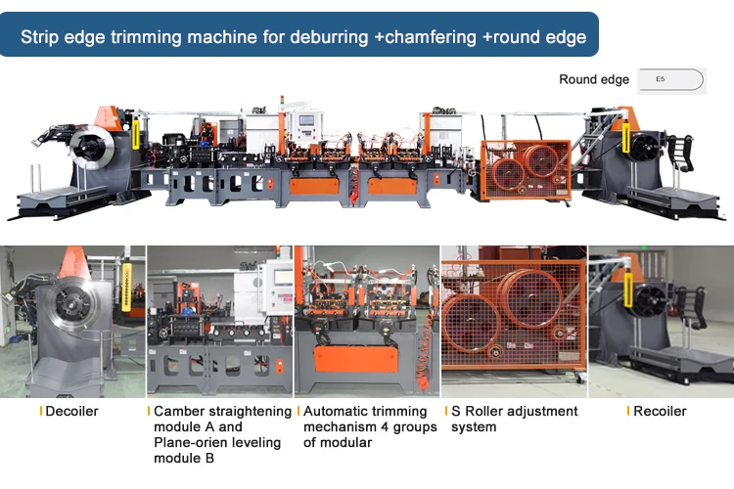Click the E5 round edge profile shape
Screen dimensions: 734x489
point(670,79)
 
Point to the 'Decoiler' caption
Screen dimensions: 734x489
point(72,412)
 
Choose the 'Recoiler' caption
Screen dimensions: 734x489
point(661,412)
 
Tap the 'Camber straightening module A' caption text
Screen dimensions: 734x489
point(223,419)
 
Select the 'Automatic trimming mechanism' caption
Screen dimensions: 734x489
point(365,419)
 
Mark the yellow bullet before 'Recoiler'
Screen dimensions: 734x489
point(628,412)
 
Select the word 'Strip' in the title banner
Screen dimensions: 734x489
point(42,37)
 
